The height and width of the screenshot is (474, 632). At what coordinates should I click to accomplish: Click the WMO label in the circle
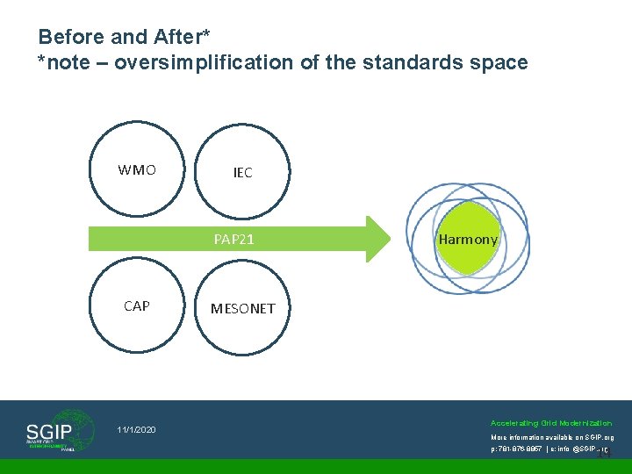(x=137, y=170)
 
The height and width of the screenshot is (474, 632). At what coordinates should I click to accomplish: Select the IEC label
(x=242, y=173)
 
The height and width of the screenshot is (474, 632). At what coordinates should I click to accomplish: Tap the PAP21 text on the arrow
(x=234, y=239)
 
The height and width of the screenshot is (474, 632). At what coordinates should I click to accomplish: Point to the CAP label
(x=137, y=306)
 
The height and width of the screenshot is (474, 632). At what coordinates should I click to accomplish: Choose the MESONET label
(x=242, y=308)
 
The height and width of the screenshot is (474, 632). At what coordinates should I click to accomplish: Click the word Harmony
(x=468, y=240)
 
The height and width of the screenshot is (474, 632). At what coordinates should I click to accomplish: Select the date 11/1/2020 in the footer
(x=136, y=430)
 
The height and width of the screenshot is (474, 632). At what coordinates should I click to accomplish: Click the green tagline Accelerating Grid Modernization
(x=551, y=423)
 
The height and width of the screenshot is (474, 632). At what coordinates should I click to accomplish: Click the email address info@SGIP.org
(x=579, y=449)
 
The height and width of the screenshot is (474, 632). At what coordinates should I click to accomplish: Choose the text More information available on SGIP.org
(x=551, y=437)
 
